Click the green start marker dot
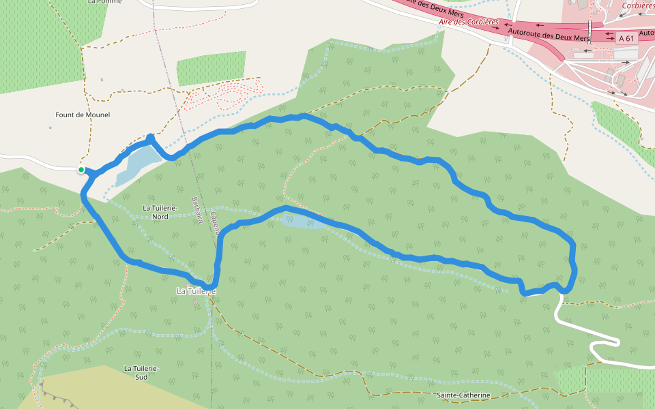pos(81,170)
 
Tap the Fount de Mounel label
pos(83,115)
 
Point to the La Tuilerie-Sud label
pos(141,372)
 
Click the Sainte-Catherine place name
pos(463,395)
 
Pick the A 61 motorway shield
pos(626,39)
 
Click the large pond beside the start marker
pos(136,164)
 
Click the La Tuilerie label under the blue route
pos(196,291)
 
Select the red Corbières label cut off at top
pos(638,5)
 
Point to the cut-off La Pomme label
pos(104,2)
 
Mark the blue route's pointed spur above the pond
pos(151,138)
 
